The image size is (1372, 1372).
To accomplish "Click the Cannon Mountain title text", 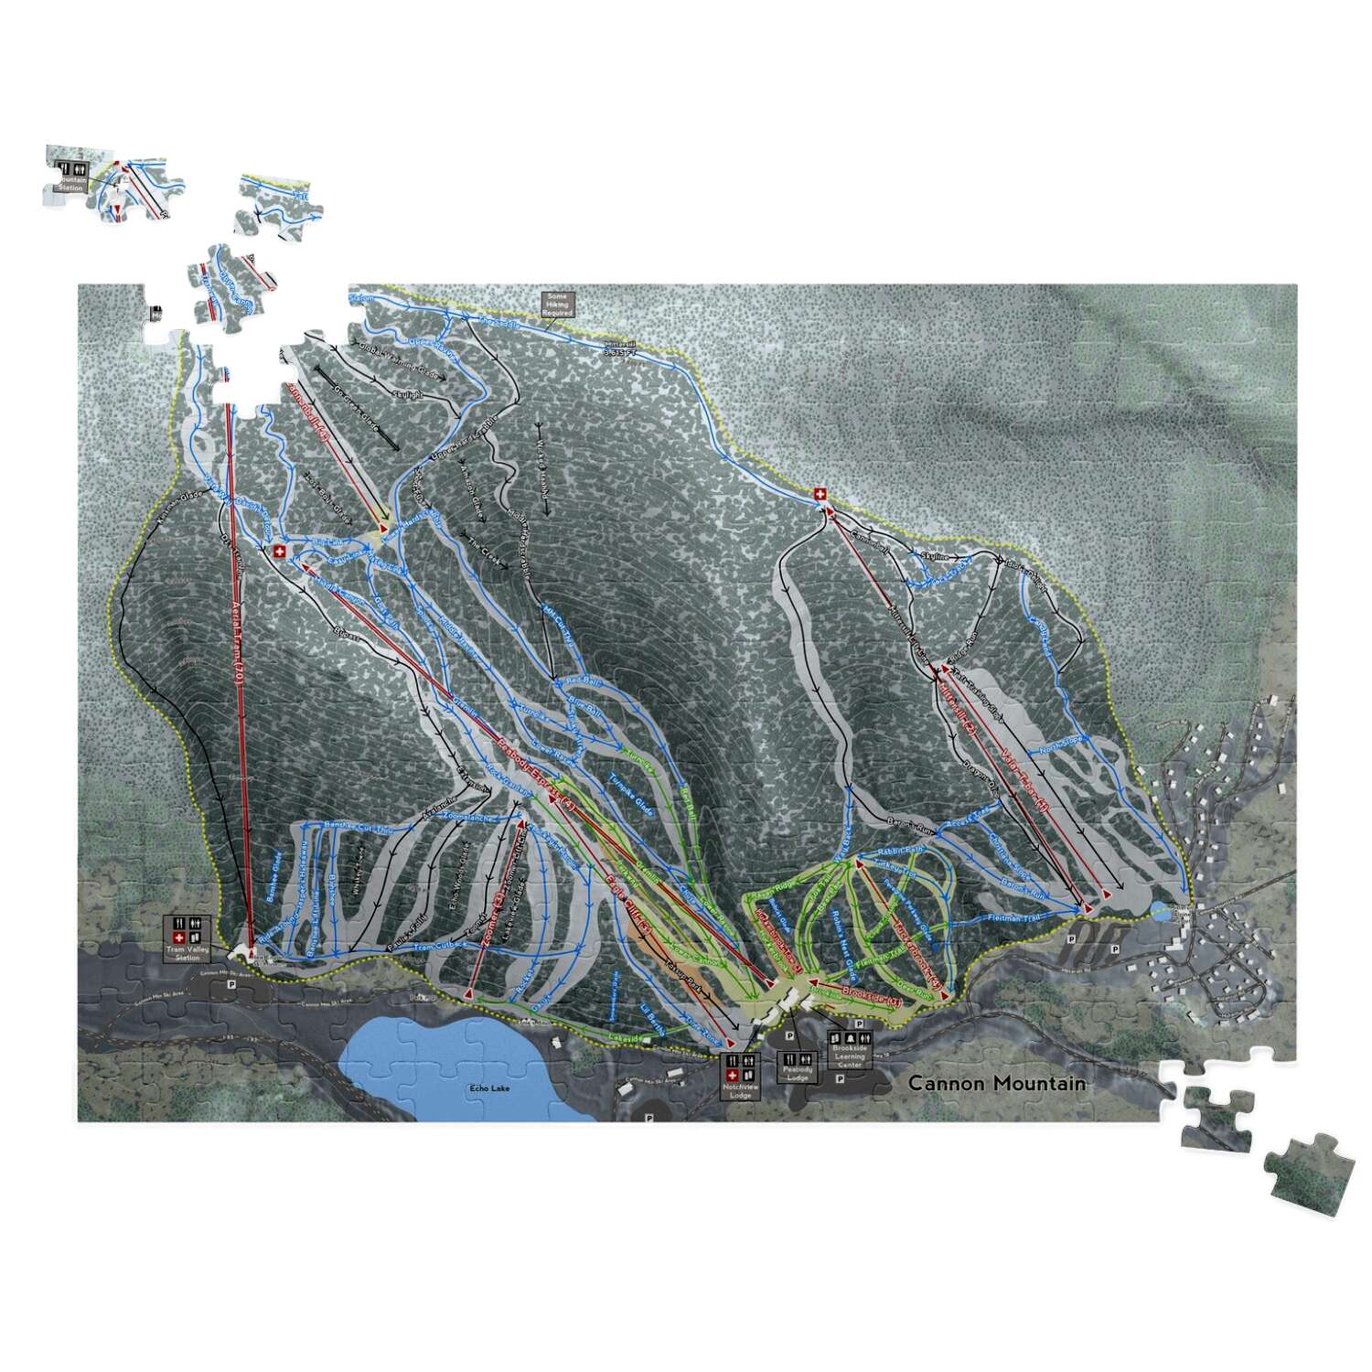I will click(997, 1084).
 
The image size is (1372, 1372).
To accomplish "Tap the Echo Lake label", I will click(489, 1088).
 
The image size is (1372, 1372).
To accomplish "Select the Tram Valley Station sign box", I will click(188, 938).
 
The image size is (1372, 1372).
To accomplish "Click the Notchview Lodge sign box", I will click(740, 1077).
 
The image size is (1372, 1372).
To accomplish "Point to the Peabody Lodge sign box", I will click(798, 1067).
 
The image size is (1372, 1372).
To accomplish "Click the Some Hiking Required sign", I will click(556, 304).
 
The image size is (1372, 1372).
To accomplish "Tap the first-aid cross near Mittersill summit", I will click(820, 495).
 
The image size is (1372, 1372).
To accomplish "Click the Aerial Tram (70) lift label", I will click(238, 640).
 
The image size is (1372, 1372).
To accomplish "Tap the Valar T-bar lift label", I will click(1022, 777).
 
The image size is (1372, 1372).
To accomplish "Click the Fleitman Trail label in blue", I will click(1015, 917).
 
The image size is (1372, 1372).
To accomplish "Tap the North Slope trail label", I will click(1061, 750).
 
